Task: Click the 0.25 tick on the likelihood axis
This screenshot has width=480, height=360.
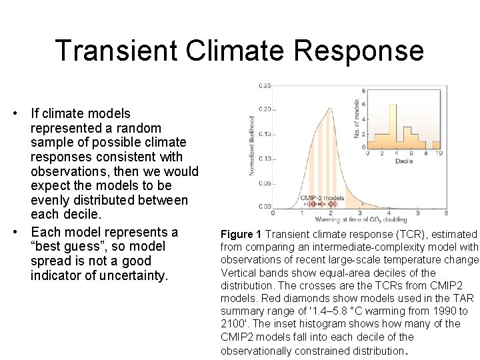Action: [265, 86]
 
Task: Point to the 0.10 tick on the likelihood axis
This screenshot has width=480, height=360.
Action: [265, 159]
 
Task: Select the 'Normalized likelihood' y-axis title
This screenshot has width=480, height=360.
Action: [252, 145]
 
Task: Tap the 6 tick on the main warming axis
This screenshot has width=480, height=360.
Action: [445, 213]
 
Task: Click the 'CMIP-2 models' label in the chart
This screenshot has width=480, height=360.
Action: [322, 197]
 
